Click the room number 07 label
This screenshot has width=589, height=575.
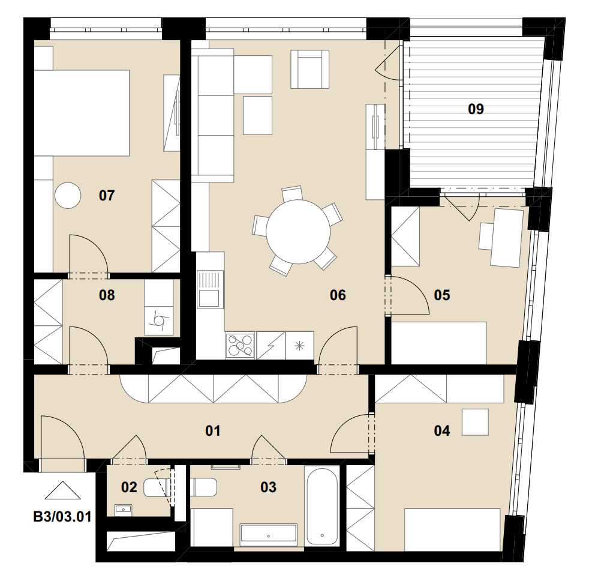click(107, 196)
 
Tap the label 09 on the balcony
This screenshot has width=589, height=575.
click(476, 109)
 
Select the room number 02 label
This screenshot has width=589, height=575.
click(129, 487)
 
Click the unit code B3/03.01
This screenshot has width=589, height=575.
click(62, 517)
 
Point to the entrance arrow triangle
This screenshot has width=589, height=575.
click(63, 490)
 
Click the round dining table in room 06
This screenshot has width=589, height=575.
click(298, 232)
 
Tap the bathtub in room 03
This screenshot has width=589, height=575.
click(323, 506)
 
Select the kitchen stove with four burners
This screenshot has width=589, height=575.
click(241, 345)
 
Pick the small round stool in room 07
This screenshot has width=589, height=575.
click(68, 196)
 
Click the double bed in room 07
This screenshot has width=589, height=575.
click(82, 113)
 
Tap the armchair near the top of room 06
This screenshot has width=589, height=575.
click(310, 69)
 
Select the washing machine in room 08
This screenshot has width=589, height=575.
click(159, 321)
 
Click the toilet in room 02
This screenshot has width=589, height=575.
click(157, 487)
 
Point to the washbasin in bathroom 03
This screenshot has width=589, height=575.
click(269, 534)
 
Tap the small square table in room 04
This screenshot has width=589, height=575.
click(475, 422)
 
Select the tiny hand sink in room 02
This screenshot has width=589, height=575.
click(123, 510)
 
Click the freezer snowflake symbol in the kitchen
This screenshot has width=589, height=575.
click(299, 345)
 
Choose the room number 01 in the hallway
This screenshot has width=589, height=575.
click(213, 431)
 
